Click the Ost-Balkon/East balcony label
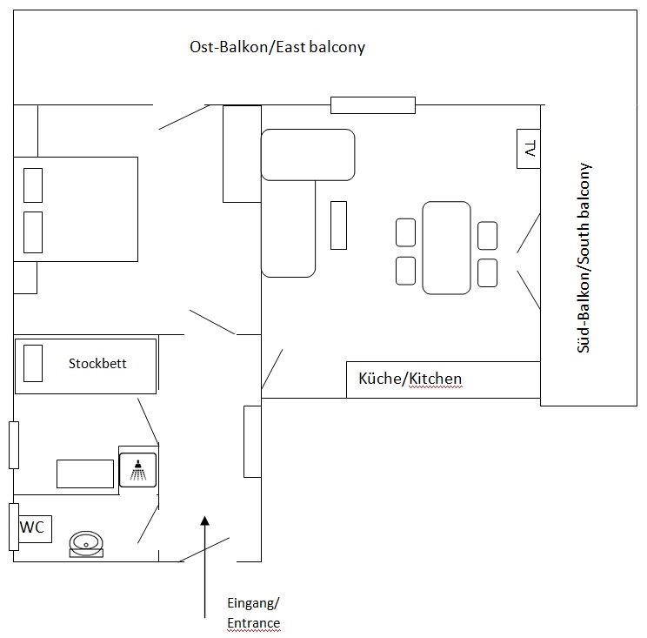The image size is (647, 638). [277, 47]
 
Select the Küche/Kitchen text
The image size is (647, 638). [410, 379]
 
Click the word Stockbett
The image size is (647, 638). [97, 363]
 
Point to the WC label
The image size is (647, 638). [32, 527]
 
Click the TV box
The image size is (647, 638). [528, 149]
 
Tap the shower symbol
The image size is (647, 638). [137, 472]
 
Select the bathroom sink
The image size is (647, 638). [86, 545]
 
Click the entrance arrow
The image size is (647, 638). [204, 566]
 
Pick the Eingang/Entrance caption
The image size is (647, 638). [253, 613]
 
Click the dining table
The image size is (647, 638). [446, 247]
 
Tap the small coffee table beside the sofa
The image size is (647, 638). [338, 225]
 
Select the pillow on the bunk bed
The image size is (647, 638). [33, 363]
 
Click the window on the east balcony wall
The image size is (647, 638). [372, 105]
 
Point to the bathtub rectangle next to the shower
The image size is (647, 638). [85, 473]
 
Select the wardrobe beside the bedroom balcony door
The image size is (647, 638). [243, 153]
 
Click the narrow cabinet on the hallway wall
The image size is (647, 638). [252, 441]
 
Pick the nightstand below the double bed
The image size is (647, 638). [25, 277]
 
